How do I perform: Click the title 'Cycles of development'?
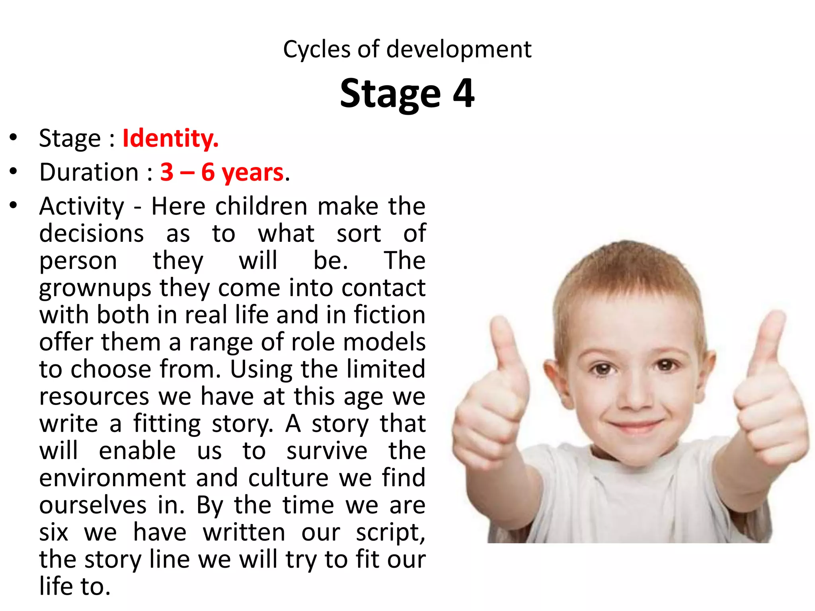click(407, 49)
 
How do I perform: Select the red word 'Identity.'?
click(170, 138)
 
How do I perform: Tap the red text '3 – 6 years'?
click(222, 172)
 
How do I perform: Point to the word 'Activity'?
click(82, 207)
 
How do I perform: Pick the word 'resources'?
click(94, 397)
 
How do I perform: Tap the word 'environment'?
click(112, 478)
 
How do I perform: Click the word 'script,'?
click(390, 533)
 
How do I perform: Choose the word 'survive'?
click(327, 451)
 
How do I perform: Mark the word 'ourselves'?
click(93, 505)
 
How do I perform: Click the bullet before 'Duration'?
click(14, 171)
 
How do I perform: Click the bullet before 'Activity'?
click(14, 206)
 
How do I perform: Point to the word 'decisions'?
click(91, 234)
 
